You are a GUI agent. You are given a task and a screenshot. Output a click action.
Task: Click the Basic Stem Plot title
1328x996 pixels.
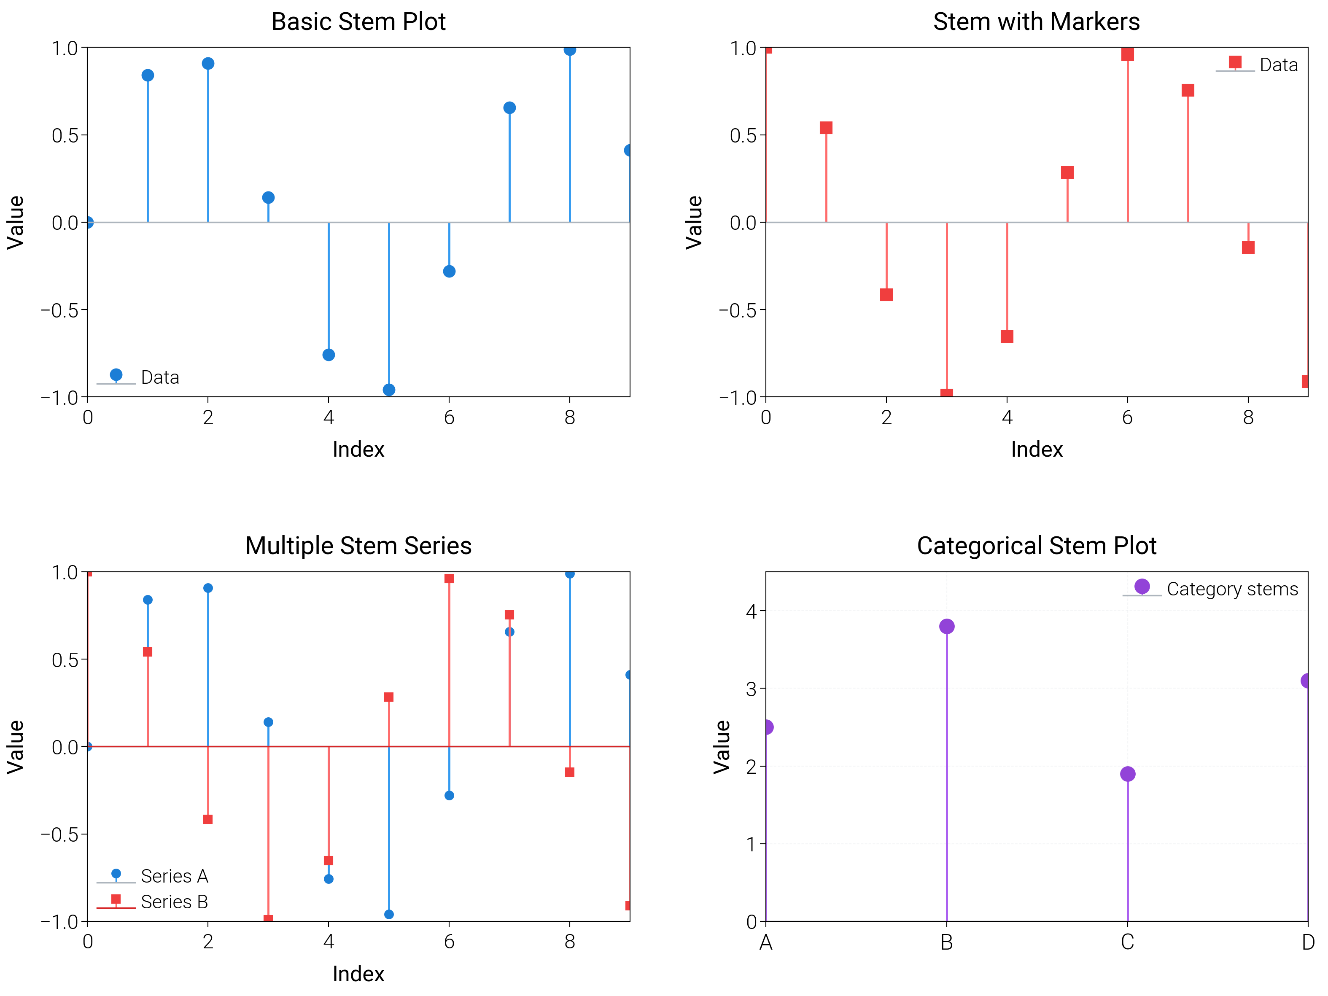[358, 22]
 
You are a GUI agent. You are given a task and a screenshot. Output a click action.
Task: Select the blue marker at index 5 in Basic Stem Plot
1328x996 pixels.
[389, 390]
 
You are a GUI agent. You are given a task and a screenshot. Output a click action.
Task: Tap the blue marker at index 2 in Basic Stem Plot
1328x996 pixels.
[208, 64]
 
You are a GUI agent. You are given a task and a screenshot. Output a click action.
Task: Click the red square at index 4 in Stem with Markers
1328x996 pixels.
[1007, 336]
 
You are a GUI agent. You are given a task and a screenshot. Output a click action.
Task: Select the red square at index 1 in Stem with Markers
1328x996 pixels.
[826, 128]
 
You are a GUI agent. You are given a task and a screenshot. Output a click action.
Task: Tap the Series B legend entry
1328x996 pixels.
[174, 902]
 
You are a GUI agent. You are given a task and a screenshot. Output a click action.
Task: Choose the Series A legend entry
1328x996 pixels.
[174, 876]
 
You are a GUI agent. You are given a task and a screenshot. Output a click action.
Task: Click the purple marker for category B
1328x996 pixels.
[947, 626]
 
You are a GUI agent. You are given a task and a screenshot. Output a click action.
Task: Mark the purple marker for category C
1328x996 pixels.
[1128, 774]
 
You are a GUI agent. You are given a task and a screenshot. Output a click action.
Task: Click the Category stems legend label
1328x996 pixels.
[1232, 589]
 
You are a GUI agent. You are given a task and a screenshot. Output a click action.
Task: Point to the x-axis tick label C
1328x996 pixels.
[1128, 942]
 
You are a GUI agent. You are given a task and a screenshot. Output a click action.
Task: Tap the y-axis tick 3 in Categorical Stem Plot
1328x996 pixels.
[751, 689]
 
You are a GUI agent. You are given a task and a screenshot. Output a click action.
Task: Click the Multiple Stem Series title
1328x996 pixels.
[358, 546]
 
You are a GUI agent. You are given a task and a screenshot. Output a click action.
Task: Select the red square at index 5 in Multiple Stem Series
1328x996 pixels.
[389, 697]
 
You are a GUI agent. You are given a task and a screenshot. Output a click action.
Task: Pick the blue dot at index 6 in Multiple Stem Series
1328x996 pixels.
[449, 795]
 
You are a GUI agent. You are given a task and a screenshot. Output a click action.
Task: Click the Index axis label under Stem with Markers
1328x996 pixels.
[1037, 449]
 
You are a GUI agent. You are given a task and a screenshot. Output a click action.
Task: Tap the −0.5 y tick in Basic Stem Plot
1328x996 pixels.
[59, 310]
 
